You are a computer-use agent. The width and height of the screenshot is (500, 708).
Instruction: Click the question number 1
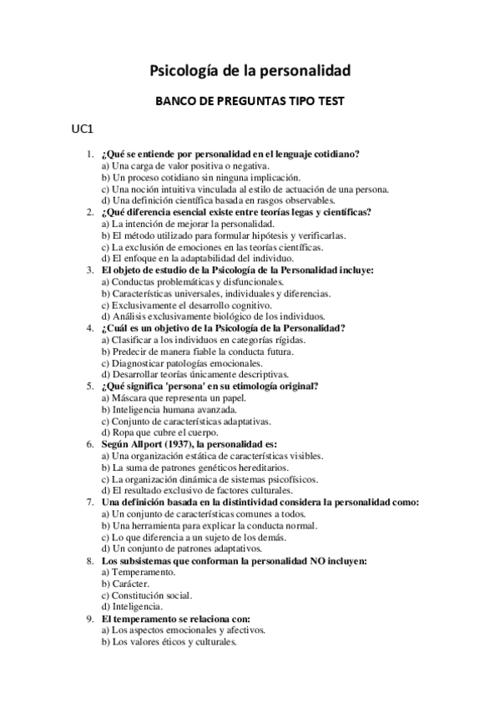[89, 154]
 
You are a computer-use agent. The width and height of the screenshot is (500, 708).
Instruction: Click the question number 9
[89, 619]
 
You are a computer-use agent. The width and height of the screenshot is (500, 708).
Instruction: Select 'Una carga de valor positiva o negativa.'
[184, 165]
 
